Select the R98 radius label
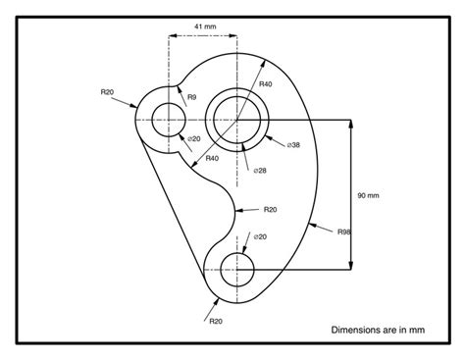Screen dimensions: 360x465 [344, 231]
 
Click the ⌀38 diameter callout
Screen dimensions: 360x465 [293, 145]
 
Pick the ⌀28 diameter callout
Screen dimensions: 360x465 [259, 170]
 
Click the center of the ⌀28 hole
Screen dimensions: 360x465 [236, 120]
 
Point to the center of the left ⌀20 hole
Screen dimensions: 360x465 [169, 120]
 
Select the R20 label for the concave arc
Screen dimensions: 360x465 [270, 208]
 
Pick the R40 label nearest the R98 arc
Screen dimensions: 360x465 [266, 85]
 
